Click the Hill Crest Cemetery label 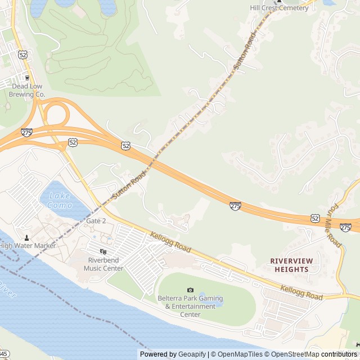[x=280, y=8]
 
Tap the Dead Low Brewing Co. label [x=28, y=91]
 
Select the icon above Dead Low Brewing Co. [x=26, y=77]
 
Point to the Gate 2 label [x=96, y=221]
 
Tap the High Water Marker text [x=28, y=246]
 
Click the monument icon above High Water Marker [x=26, y=237]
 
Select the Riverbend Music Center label [x=103, y=264]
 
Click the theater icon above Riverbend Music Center [x=102, y=251]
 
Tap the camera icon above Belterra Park [x=190, y=290]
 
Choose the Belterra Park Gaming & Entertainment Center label [x=190, y=306]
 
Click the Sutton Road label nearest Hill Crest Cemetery [x=245, y=50]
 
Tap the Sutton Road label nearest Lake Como [x=128, y=185]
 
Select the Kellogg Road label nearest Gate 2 [x=170, y=242]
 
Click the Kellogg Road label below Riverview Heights [x=301, y=293]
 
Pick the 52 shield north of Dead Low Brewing [x=22, y=55]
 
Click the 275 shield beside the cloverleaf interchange [x=26, y=132]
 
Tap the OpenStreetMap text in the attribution [x=292, y=354]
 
